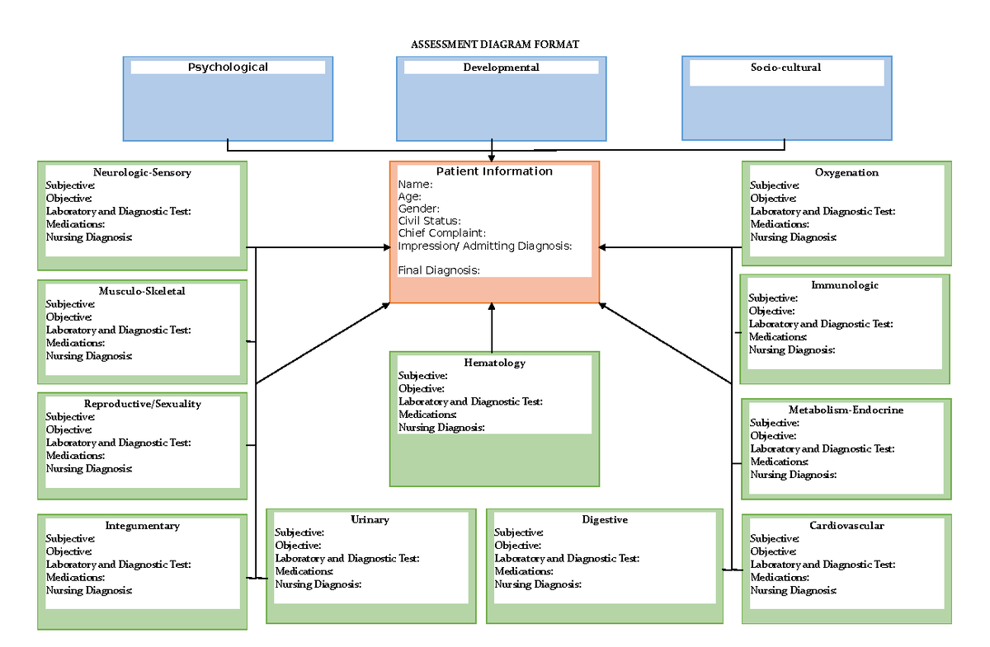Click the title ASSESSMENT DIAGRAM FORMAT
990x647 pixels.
[495, 44]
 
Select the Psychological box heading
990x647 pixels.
[228, 67]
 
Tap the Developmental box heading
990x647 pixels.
[501, 67]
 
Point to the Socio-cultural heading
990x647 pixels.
[785, 67]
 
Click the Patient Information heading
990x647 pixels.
[494, 171]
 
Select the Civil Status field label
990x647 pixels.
[429, 221]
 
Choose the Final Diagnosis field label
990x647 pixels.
[439, 270]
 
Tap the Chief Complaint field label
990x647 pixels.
[442, 233]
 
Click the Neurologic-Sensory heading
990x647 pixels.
[142, 172]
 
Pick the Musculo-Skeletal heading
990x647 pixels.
[142, 291]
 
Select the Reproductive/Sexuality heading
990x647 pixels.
[142, 404]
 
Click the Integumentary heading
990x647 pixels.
[142, 526]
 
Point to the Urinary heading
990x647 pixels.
[370, 519]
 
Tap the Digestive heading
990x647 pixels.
[605, 519]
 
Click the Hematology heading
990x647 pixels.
[494, 363]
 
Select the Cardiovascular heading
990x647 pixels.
[846, 526]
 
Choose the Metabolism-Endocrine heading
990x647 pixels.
[846, 410]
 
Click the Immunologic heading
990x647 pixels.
[845, 285]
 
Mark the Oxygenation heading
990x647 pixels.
[846, 172]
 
